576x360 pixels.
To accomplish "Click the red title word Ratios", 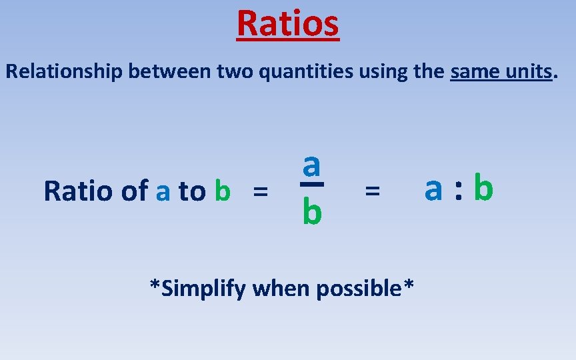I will pos(288,23).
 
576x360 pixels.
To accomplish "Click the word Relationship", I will pos(64,71).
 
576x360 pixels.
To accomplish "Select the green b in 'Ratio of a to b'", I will pos(223,191).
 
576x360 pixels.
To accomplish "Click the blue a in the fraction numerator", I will pos(311,163).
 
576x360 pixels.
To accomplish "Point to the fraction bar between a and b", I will pos(311,184).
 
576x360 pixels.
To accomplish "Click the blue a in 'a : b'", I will pos(433,189).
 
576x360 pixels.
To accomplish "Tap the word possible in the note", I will pos(360,289).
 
